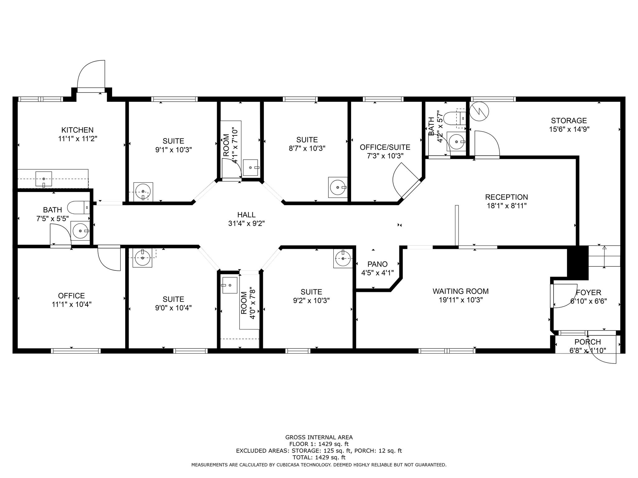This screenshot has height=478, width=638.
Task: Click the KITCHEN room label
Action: click(77, 130)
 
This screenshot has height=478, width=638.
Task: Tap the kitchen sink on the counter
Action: click(44, 179)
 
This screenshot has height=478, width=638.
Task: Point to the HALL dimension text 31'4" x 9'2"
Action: click(246, 223)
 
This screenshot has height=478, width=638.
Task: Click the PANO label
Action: click(378, 264)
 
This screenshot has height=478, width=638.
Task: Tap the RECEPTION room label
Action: click(507, 197)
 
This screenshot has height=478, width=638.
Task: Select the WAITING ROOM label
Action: click(460, 291)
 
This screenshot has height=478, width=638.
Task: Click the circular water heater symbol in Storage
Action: click(479, 111)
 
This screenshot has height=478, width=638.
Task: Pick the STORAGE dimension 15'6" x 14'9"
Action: click(569, 129)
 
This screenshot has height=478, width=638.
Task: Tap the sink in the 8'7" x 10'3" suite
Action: click(338, 187)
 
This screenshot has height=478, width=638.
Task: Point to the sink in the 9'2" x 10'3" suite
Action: click(343, 258)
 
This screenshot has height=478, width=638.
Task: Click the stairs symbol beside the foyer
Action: click(604, 256)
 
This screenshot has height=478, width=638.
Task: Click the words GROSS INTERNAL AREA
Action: click(319, 438)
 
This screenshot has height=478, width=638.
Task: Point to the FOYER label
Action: click(588, 293)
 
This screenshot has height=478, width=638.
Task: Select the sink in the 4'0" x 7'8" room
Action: click(229, 285)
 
